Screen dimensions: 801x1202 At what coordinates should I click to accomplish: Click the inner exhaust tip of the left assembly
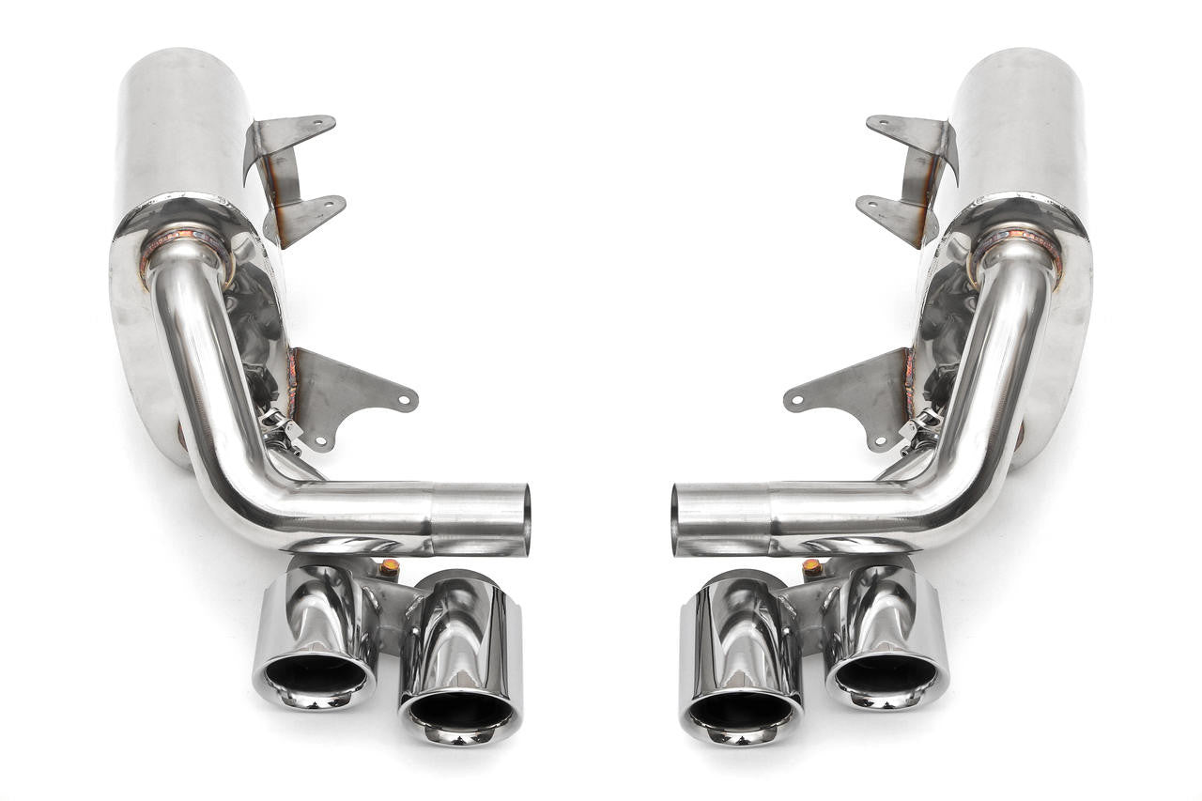[460, 667]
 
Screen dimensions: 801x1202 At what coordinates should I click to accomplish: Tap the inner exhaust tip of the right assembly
[741, 667]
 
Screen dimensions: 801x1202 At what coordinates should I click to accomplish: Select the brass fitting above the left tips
[389, 567]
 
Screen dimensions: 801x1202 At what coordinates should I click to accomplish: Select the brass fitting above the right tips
[812, 567]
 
